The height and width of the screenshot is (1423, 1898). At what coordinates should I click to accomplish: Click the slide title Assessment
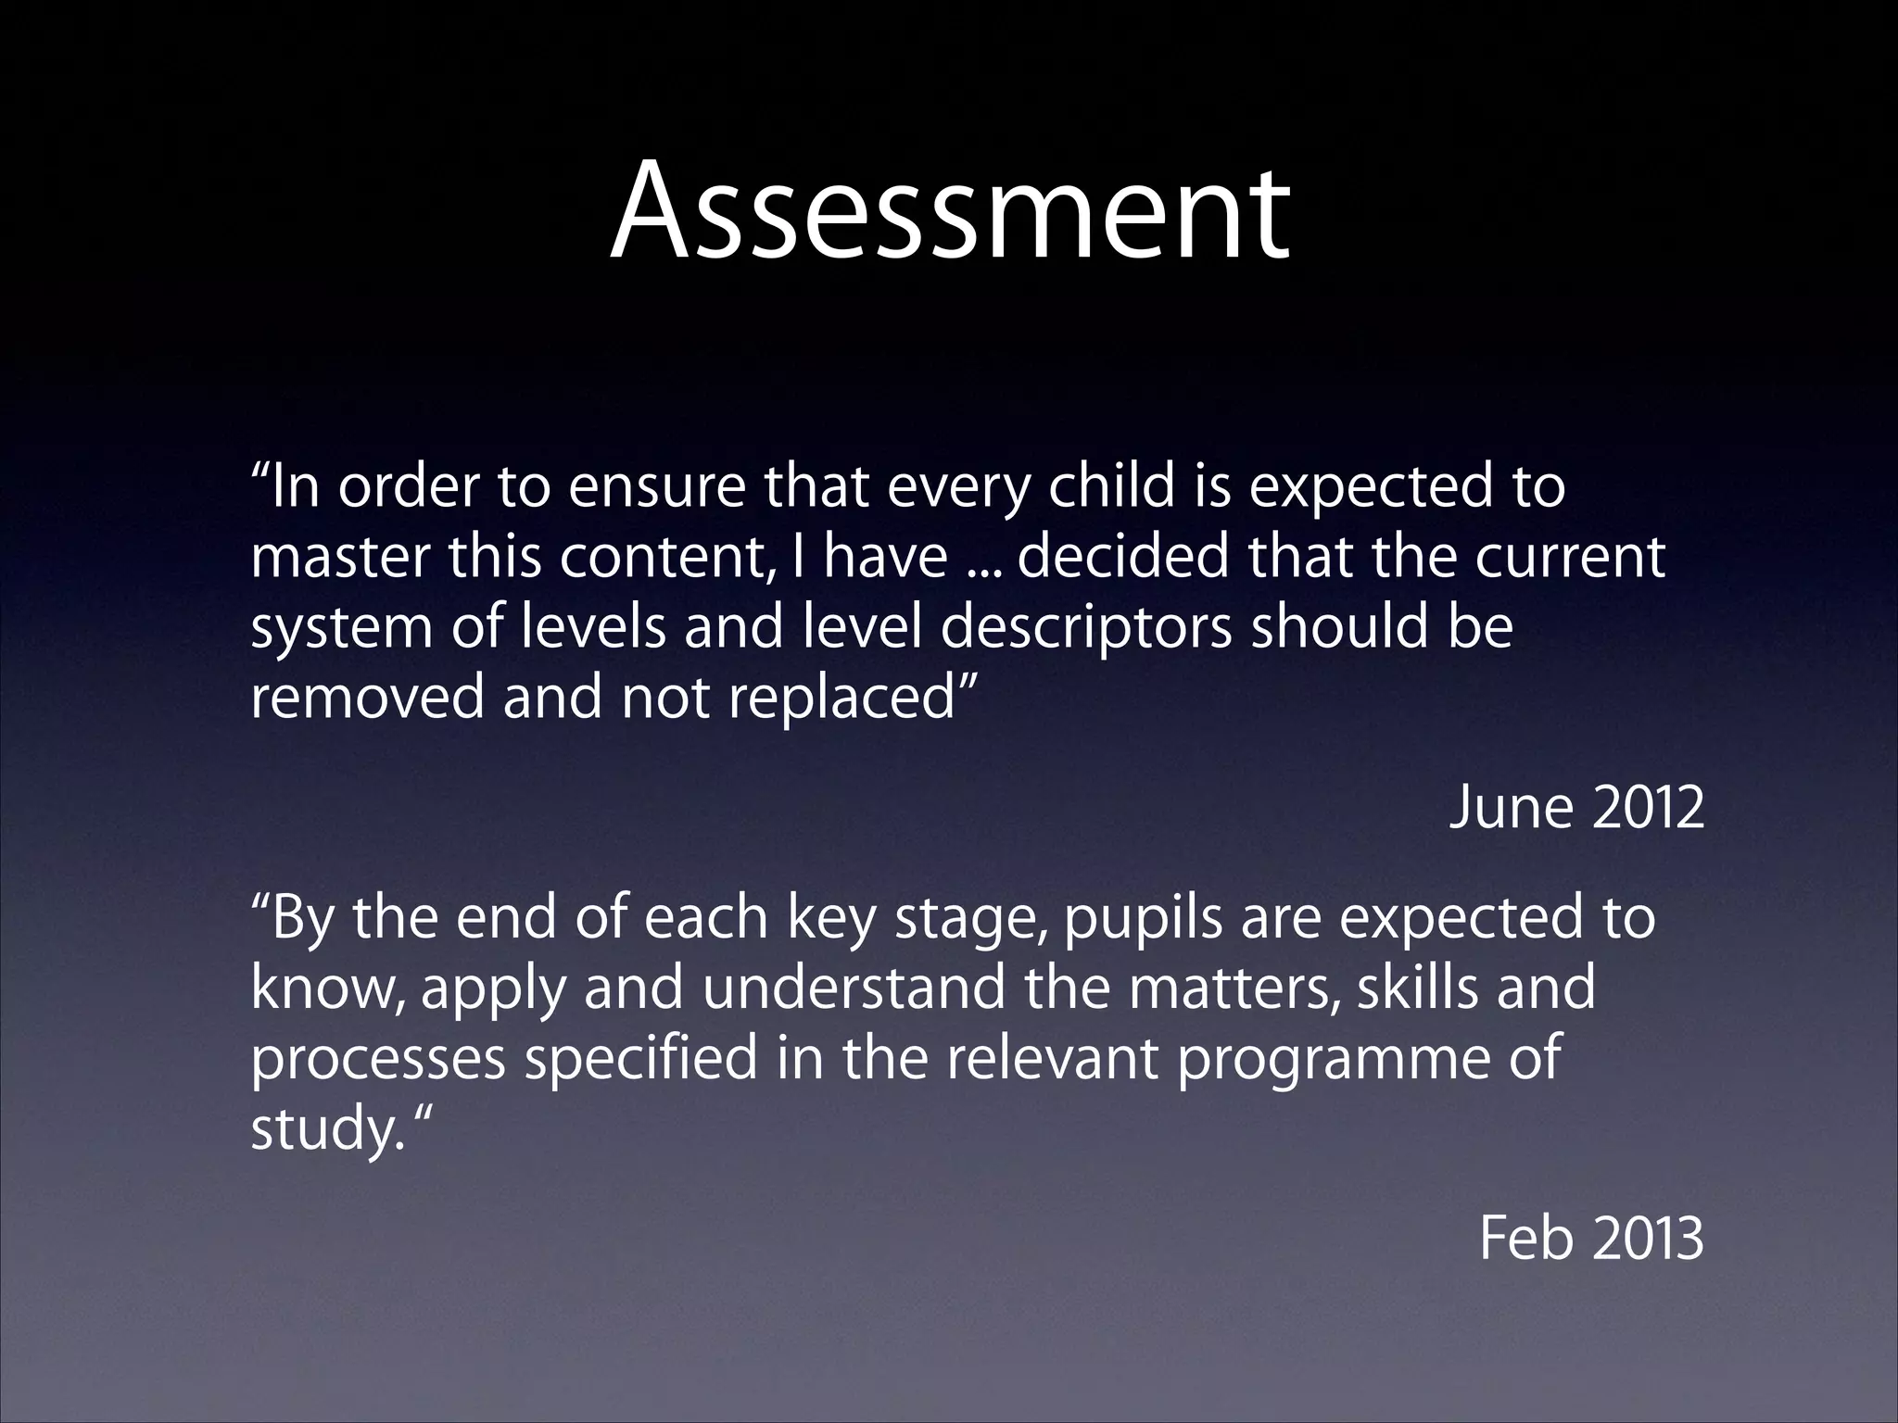(x=949, y=211)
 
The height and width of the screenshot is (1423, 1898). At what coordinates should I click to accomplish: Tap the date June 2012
(x=1575, y=808)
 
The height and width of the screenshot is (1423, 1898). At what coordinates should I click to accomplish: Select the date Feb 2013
(x=1590, y=1238)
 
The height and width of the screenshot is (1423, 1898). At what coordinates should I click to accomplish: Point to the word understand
(x=853, y=988)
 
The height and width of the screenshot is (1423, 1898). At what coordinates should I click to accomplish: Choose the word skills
(x=1418, y=988)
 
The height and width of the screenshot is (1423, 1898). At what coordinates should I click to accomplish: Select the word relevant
(x=1051, y=1058)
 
